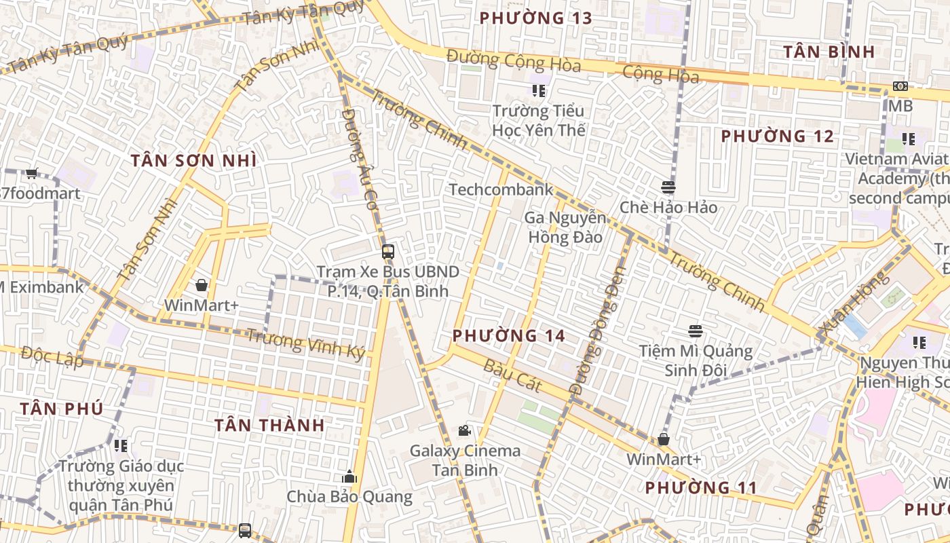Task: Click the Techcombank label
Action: [x=501, y=189]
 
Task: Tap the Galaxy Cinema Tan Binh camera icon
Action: [x=464, y=430]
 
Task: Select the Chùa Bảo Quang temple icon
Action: [x=349, y=476]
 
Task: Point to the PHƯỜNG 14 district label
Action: [x=508, y=335]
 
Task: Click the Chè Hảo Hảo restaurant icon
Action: [x=668, y=187]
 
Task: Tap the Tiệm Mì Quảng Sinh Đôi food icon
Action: [x=695, y=331]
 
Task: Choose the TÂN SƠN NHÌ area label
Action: [x=193, y=161]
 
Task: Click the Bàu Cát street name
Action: [x=512, y=375]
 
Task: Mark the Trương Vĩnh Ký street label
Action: [x=305, y=343]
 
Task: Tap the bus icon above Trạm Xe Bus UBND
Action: [x=387, y=252]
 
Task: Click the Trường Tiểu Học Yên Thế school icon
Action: [x=539, y=90]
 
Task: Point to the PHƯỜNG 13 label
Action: [x=535, y=18]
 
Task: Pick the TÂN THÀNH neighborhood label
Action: [x=269, y=426]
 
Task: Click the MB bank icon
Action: [x=900, y=86]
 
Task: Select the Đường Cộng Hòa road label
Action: [x=514, y=61]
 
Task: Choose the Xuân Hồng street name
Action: [x=853, y=303]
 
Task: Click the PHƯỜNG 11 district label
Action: [x=700, y=487]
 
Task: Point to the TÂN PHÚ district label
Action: [x=61, y=409]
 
